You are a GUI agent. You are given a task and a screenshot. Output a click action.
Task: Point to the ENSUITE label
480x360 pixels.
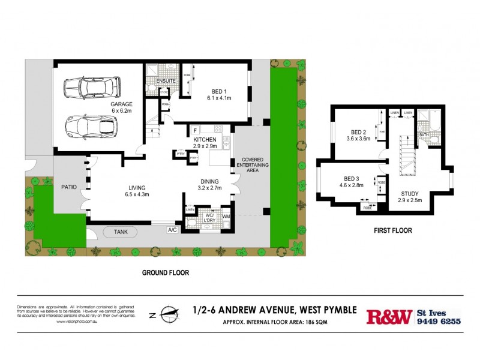pos(165,81)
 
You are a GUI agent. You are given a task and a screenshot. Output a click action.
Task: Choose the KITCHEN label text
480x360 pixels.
pos(205,139)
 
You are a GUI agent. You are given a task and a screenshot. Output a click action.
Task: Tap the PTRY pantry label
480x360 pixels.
pos(179,153)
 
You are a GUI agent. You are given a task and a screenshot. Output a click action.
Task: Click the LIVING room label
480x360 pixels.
pos(136,187)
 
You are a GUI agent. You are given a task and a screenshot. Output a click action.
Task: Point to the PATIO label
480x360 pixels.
pos(69,187)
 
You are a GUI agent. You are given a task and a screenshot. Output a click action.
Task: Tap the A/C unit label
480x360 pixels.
pos(172,230)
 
